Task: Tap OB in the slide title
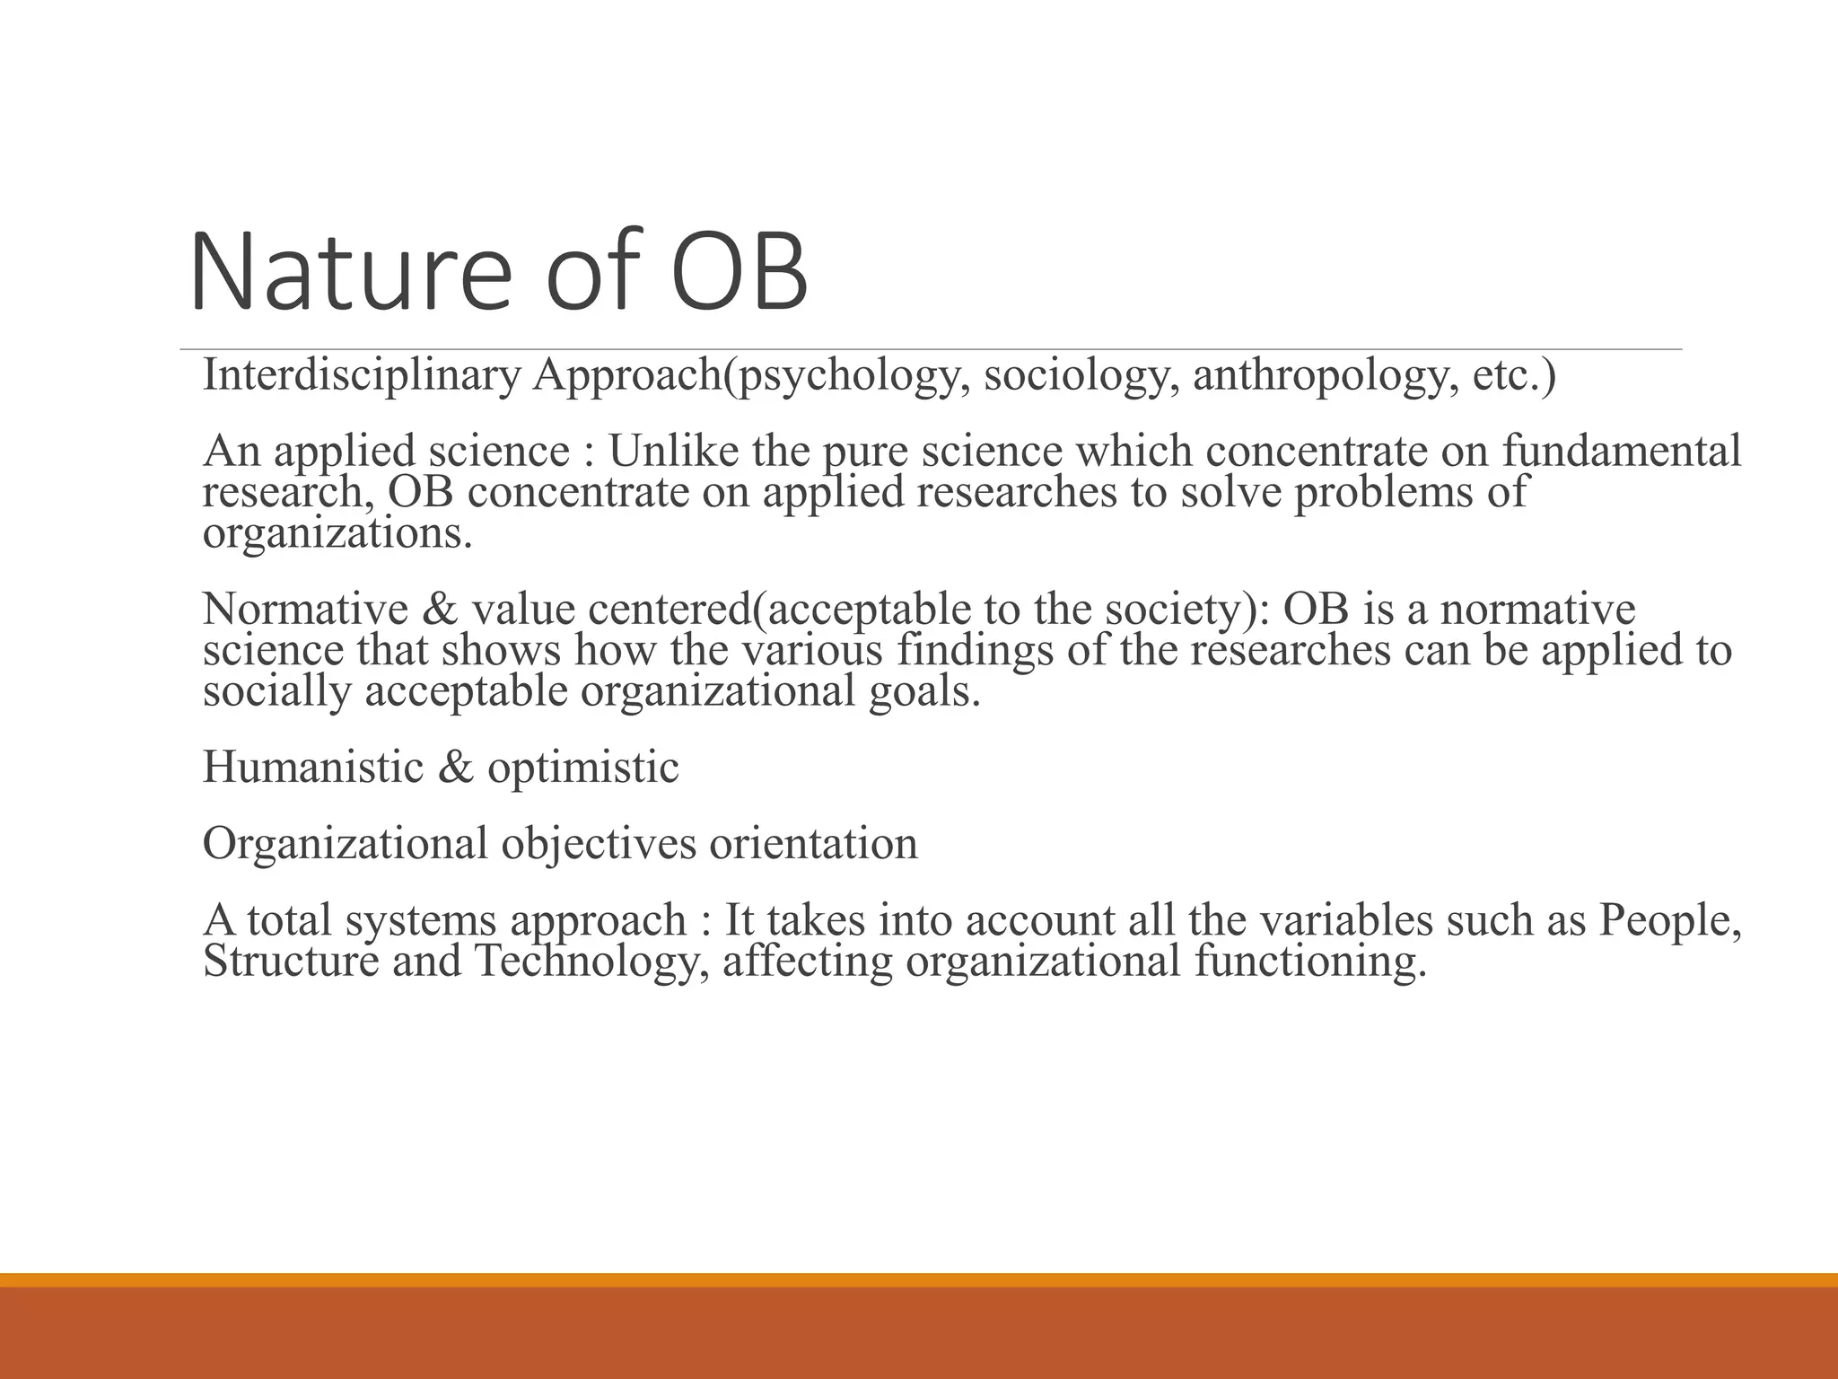(739, 271)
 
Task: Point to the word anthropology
(1320, 375)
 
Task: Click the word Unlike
(673, 451)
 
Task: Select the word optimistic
(582, 768)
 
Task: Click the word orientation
(813, 844)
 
